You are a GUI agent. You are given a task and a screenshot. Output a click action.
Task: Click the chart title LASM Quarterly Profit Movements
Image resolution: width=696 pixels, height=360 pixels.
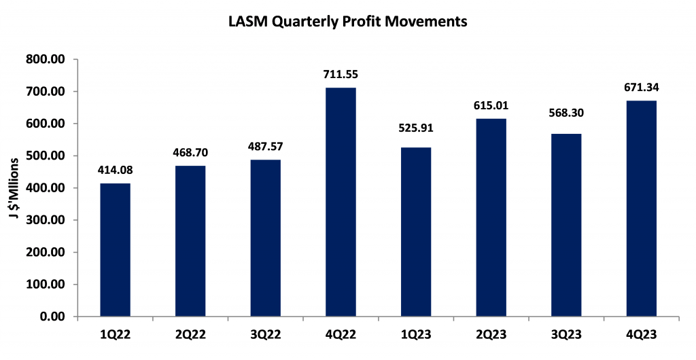(348, 22)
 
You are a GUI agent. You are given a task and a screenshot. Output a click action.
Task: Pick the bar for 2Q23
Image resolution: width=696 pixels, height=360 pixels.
(491, 217)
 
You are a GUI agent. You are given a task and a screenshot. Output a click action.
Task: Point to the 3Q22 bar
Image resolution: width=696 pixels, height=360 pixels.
(265, 238)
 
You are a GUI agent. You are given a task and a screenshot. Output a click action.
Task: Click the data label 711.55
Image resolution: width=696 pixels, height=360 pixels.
(341, 74)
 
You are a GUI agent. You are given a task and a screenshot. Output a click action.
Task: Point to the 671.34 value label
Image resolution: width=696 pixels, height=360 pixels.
(641, 87)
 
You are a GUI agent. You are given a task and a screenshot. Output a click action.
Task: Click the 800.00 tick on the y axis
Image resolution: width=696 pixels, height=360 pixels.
(46, 60)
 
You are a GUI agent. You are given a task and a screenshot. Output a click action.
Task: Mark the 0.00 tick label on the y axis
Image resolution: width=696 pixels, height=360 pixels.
(53, 317)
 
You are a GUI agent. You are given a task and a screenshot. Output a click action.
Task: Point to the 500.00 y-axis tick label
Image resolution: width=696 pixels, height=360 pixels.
(46, 156)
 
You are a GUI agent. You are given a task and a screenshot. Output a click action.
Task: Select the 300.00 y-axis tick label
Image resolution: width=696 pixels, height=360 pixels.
(46, 221)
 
